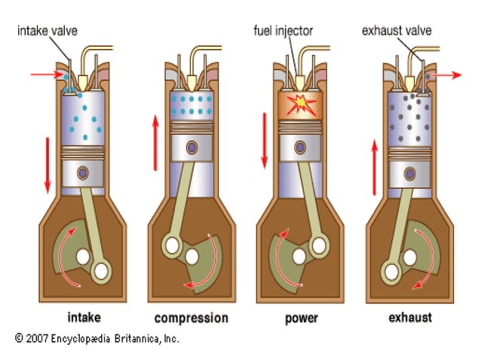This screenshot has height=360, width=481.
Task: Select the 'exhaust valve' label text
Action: (x=397, y=32)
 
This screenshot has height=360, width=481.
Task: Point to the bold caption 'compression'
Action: (x=191, y=317)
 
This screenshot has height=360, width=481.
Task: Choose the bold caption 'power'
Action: (x=301, y=317)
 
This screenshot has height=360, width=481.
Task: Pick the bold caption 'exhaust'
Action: (x=409, y=317)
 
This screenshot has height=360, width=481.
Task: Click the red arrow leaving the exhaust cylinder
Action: (x=452, y=75)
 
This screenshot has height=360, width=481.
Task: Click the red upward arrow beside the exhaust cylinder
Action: (x=373, y=166)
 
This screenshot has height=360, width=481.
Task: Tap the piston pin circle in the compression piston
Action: (x=192, y=146)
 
